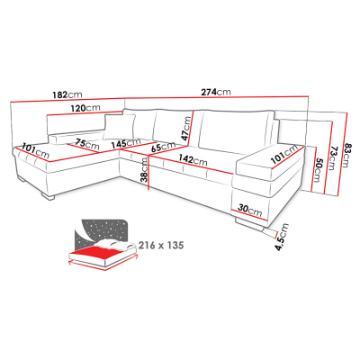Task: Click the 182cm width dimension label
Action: tap(67, 94)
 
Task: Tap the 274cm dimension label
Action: tap(216, 92)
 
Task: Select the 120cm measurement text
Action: tap(85, 108)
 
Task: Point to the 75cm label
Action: tap(87, 144)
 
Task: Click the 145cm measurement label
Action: tap(126, 143)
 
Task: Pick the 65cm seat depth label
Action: tap(163, 147)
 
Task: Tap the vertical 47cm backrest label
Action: tap(186, 128)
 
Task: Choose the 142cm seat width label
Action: tap(193, 159)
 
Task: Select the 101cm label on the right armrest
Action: tap(284, 154)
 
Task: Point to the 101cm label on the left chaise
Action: tap(36, 152)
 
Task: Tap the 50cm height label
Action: tap(317, 170)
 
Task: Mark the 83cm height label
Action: tap(346, 154)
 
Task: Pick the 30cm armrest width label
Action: tap(250, 210)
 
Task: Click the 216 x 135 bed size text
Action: tap(161, 245)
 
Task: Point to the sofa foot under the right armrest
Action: tap(249, 224)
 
